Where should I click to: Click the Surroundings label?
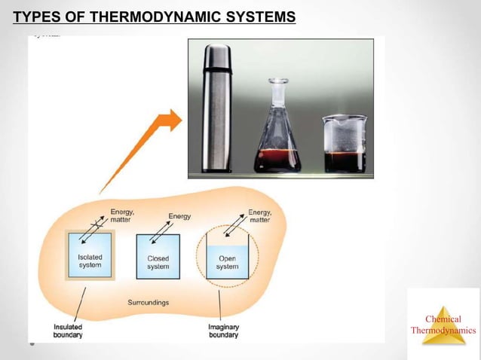[x=148, y=302]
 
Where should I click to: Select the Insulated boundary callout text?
[x=68, y=331]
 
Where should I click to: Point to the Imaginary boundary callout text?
[x=223, y=331]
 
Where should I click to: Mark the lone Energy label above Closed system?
[x=179, y=216]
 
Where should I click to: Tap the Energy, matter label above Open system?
[x=259, y=215]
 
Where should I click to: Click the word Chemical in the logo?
[x=443, y=319]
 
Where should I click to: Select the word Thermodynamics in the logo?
[x=443, y=330]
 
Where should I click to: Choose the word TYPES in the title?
[x=38, y=16]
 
